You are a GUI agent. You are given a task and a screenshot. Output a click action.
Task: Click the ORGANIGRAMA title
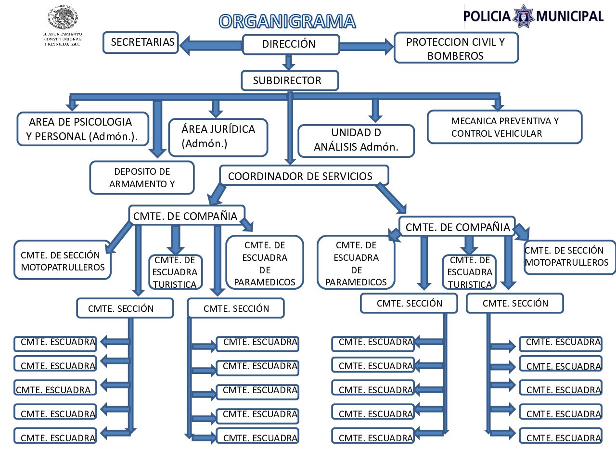(287, 22)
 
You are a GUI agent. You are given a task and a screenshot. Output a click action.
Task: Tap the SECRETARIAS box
(141, 42)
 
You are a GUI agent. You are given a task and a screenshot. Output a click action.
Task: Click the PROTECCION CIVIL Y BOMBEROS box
(456, 48)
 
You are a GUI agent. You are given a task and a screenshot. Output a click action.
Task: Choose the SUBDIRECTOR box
(289, 80)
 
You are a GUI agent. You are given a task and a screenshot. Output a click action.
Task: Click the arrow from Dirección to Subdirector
(289, 63)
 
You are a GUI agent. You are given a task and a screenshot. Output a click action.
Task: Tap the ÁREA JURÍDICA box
(218, 137)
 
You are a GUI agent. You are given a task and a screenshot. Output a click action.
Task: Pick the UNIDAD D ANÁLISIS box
(356, 141)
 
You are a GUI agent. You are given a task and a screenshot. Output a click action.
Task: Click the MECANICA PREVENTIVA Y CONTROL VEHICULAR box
(504, 127)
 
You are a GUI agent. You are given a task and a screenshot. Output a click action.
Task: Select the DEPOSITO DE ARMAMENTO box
(142, 178)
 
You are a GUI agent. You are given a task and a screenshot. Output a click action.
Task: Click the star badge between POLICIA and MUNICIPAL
(523, 16)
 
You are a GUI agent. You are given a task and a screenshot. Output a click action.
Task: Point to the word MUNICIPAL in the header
(570, 16)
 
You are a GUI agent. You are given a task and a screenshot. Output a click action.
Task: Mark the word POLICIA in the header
(487, 16)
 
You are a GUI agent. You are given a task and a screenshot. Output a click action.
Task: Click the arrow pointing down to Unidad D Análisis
(375, 110)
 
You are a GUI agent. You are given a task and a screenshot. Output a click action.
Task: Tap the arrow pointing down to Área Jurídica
(216, 108)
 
